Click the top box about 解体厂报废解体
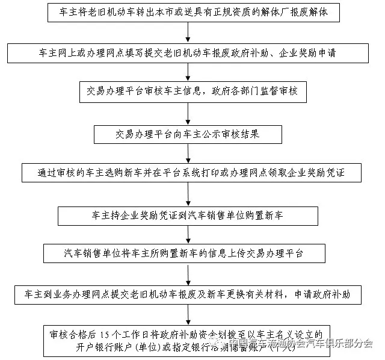188,12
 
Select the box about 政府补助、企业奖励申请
188,53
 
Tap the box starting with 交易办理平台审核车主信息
188,92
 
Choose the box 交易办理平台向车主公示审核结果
188,134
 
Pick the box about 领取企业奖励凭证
188,173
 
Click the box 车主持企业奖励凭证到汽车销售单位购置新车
188,214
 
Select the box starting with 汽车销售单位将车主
188,253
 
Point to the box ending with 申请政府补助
188,295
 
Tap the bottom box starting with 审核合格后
188,340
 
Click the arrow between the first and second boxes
188,33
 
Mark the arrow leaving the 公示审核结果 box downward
188,154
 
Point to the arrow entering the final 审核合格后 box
188,315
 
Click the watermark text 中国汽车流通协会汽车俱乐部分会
295,344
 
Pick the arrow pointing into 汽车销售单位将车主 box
188,234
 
